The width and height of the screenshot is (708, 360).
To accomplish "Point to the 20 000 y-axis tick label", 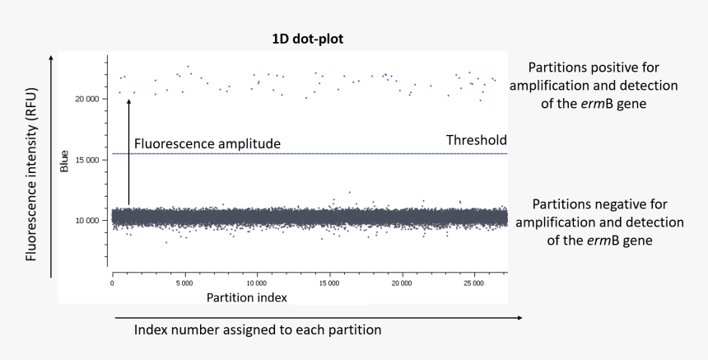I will pos(87,99).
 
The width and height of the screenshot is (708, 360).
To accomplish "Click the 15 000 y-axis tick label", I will pos(87,159).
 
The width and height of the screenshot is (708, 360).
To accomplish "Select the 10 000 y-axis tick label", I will pos(87,220).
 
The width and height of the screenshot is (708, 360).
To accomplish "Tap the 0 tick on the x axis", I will pos(112,283).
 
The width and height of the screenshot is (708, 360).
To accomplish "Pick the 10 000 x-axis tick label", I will pos(257,283).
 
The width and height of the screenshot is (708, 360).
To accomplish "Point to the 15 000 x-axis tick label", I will pos(329,283).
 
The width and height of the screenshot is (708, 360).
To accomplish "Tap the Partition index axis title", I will pos(247,297).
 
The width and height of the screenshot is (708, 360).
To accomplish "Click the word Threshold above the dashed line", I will pos(476,140).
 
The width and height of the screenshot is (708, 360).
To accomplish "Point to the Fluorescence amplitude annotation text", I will pos(207,143).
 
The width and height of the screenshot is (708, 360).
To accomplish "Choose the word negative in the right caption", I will pos(613,203).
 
